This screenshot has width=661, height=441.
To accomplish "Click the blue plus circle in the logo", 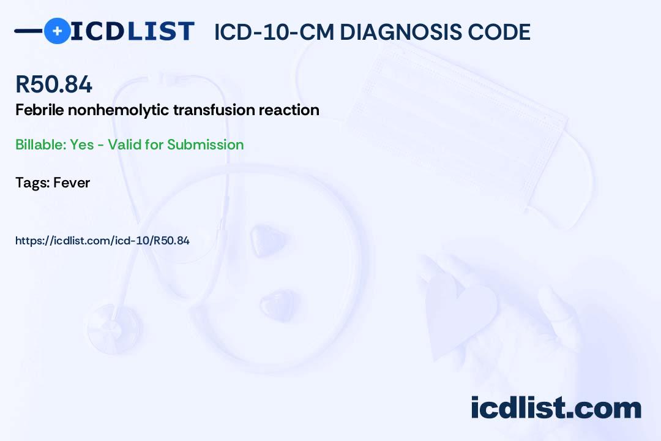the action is coord(58,31).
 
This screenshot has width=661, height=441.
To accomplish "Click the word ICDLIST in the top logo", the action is coord(132,31).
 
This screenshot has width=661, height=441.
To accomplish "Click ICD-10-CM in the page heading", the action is coord(274,32).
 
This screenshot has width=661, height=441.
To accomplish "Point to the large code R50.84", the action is coord(53,84).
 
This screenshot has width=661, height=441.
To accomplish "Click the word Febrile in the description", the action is coord(40,110).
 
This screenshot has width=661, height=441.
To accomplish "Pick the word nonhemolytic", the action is coord(119,110).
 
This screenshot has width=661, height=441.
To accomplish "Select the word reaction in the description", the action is coord(289,110).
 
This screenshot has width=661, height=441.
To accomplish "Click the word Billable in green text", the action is coord(41,145).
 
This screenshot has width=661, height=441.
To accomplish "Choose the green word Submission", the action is coord(205,145).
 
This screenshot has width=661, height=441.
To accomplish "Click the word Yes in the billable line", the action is coord(82,145).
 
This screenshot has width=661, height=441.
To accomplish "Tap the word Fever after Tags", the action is coord(72,183).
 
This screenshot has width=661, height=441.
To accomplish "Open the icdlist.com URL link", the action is coord(102,241).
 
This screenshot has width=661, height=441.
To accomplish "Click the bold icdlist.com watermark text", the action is coord(556,408).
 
